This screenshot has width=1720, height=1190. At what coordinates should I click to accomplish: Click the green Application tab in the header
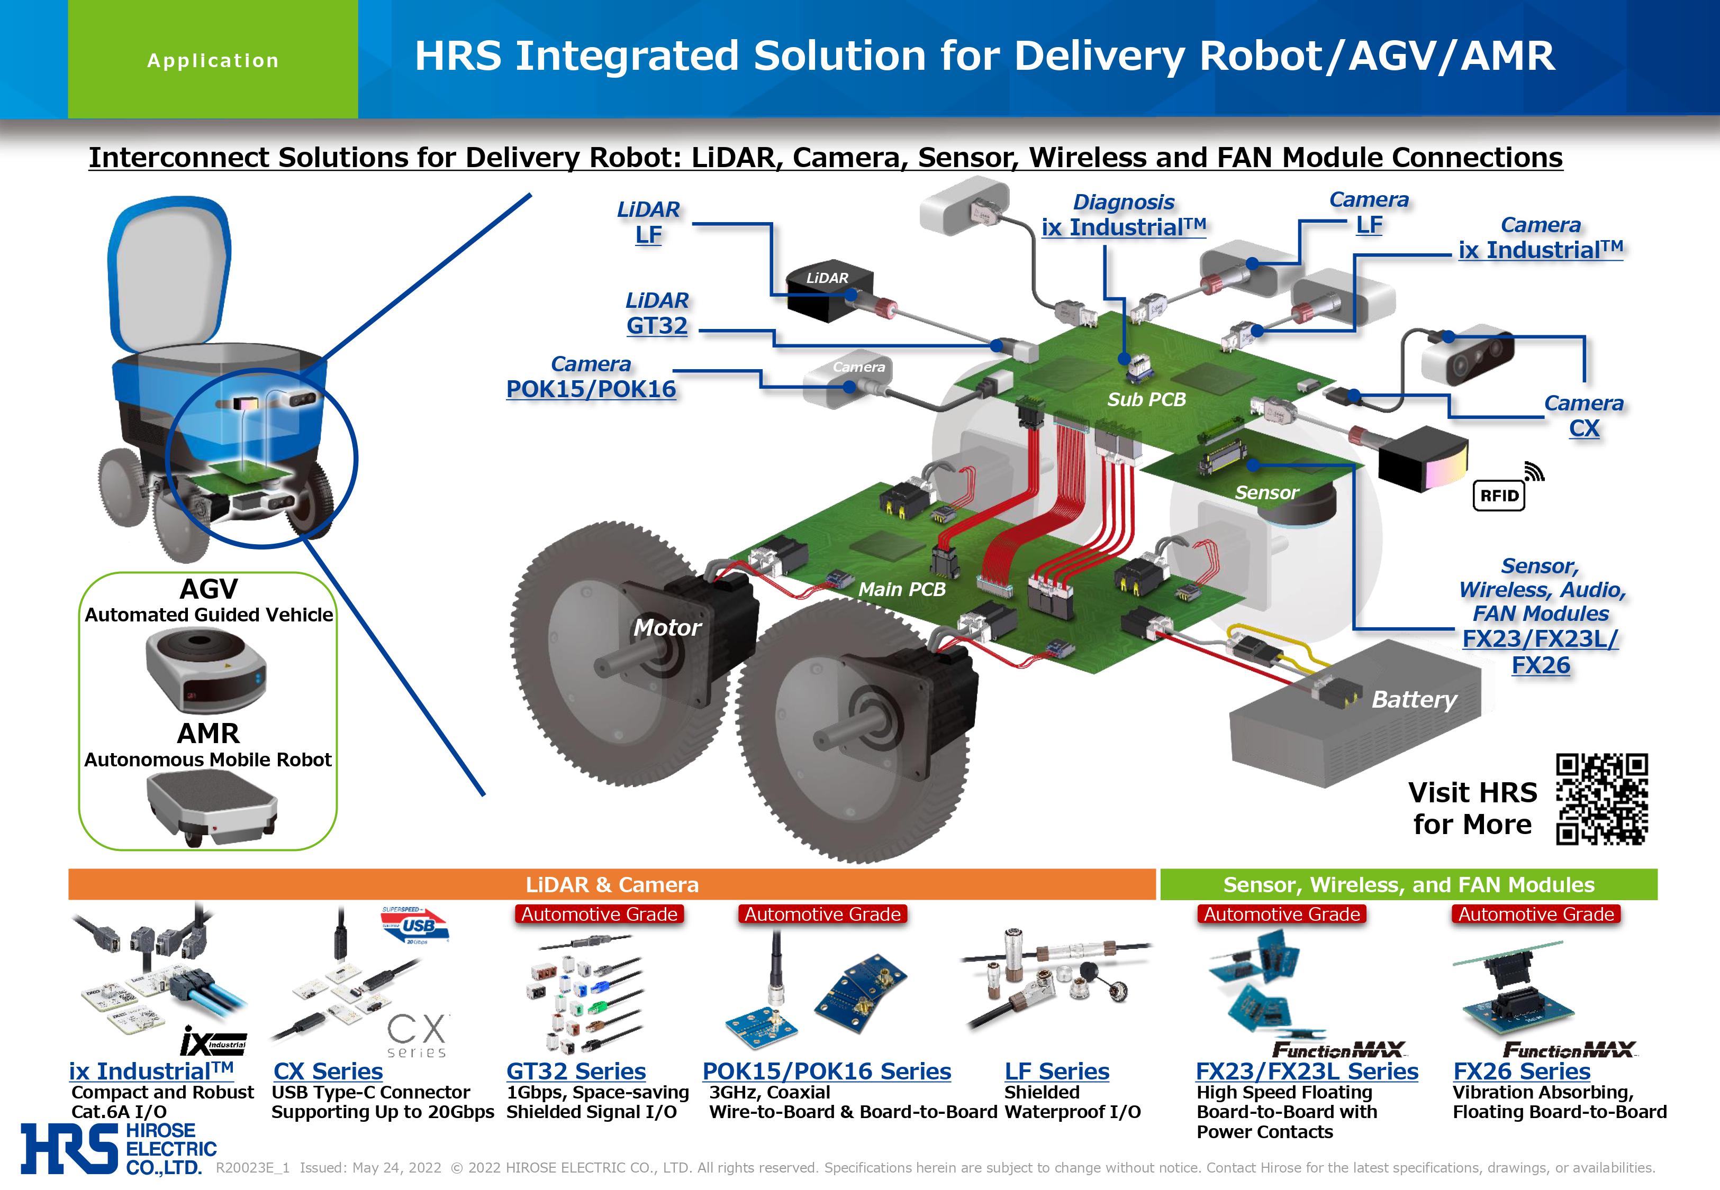tap(213, 60)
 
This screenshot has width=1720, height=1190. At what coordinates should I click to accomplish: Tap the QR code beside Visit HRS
tap(1601, 799)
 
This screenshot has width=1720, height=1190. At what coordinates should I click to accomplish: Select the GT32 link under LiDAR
tap(656, 326)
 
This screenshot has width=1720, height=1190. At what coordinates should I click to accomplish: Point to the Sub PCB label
tap(1146, 400)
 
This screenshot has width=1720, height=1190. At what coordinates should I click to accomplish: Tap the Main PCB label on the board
tap(901, 590)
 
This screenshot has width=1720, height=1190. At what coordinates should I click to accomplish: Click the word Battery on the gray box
tap(1414, 699)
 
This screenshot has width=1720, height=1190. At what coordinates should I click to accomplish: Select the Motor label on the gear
tap(667, 628)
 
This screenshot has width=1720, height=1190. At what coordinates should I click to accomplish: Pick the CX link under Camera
tap(1583, 429)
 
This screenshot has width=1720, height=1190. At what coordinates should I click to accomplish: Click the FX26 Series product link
tap(1521, 1072)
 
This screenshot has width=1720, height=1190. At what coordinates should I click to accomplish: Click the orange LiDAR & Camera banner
tap(612, 884)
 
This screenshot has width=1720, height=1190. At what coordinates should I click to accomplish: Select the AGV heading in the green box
tap(209, 589)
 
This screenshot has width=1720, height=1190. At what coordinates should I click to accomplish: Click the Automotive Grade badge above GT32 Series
tap(599, 914)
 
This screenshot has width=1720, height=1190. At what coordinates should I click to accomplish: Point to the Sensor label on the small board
tap(1266, 493)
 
